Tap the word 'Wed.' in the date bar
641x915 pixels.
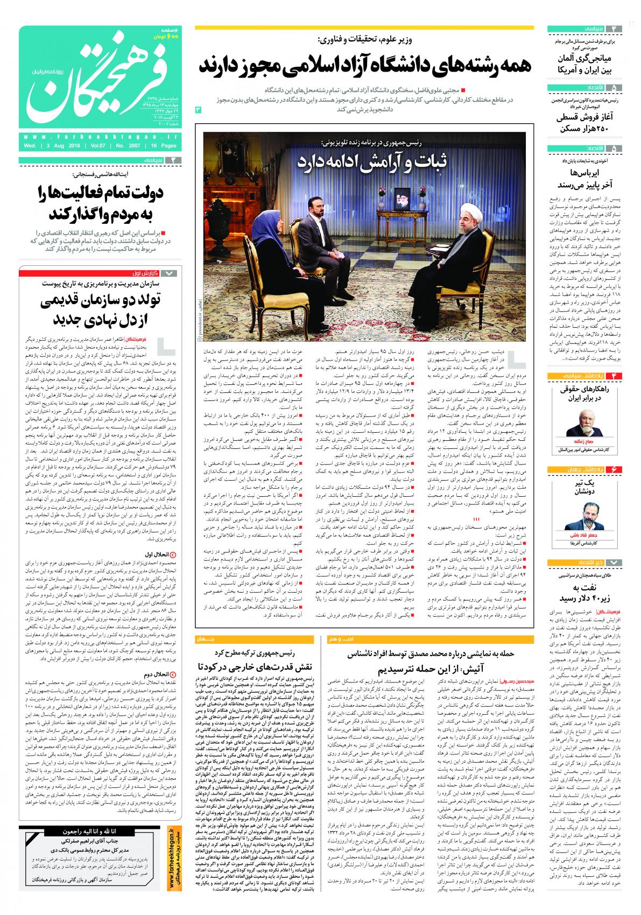30,146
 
